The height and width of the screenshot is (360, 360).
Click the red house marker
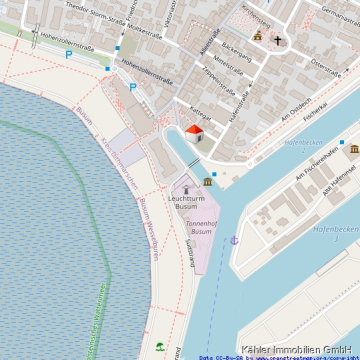[194, 131]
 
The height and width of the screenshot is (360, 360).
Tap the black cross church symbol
[279, 42]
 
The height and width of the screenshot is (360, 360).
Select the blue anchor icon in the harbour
[234, 240]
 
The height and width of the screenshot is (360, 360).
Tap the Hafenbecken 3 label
[335, 230]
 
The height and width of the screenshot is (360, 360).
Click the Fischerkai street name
[318, 107]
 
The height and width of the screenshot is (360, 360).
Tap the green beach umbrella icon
[160, 346]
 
